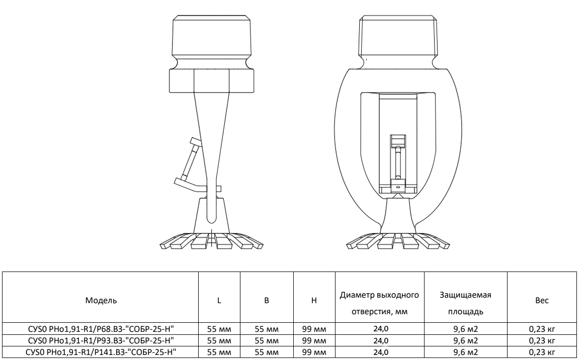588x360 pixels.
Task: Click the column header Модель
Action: point(101,300)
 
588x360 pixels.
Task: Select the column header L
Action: point(219,300)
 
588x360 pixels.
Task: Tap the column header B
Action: point(267,300)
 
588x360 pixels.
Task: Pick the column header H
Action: point(314,300)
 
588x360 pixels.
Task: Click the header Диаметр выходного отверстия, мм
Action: point(379,303)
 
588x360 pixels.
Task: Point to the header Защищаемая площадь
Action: point(465,303)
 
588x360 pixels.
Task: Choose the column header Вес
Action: point(542,300)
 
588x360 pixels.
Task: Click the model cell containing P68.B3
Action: point(101,329)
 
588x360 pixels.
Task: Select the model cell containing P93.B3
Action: point(101,341)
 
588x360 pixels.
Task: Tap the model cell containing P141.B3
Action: point(101,352)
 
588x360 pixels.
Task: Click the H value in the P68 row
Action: point(314,329)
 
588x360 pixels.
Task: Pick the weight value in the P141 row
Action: point(542,352)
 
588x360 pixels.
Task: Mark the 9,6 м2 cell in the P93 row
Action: point(465,341)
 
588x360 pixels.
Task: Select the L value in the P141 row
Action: point(219,352)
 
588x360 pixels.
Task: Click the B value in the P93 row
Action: point(267,341)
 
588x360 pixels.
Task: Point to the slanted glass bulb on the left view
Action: point(191,159)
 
